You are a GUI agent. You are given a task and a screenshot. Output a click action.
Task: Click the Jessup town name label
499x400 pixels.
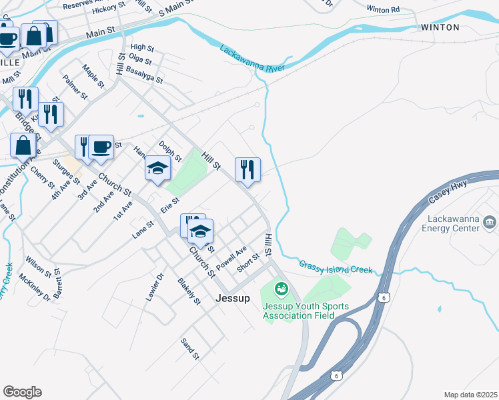point(233,299)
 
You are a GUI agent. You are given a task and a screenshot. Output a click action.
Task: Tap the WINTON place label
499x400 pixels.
point(440,27)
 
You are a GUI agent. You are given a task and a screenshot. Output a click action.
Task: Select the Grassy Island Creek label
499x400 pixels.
point(335,266)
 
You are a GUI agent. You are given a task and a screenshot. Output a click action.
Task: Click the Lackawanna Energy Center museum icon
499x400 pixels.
point(490,221)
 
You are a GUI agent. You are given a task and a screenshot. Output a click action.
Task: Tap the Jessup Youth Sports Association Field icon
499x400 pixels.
point(281,288)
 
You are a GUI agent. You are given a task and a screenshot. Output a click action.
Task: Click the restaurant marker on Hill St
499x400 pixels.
point(247,169)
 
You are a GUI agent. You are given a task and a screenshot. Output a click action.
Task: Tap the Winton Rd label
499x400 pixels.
point(383,9)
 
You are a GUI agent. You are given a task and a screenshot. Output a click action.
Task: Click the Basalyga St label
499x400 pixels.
point(144,74)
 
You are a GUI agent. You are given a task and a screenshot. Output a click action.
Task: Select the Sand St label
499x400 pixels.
point(190,348)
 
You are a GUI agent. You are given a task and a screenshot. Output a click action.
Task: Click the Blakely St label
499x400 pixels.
point(189,291)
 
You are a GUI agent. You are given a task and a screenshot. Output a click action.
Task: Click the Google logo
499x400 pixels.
point(22,391)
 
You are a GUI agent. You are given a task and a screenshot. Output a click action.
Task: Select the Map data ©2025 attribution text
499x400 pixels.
point(470,395)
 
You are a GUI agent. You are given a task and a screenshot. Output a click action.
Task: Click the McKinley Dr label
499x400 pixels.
point(35,287)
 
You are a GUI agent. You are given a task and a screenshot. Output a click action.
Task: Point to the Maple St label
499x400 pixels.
point(93,76)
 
